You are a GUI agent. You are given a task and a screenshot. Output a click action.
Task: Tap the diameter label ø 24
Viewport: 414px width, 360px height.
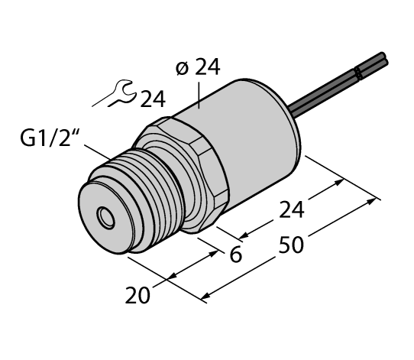point(197,69)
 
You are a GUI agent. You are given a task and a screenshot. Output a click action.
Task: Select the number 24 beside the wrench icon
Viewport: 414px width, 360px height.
point(152,99)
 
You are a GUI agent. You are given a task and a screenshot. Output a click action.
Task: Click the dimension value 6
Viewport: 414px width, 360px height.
point(236,255)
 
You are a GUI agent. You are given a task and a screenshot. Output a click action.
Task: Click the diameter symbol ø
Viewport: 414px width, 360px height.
point(181,69)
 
